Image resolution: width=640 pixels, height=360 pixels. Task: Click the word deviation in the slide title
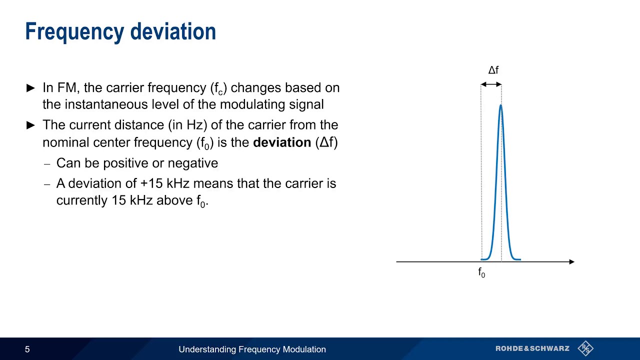[x=173, y=32]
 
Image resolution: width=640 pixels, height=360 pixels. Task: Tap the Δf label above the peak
[x=493, y=70]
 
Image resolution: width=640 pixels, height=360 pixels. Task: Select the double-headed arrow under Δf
[x=491, y=84]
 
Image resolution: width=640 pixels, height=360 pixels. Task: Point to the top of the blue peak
[x=500, y=105]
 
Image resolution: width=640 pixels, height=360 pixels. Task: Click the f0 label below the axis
[x=481, y=272]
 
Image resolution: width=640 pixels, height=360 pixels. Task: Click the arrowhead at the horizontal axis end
[x=571, y=261]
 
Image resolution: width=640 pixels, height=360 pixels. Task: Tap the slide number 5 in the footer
[x=27, y=349]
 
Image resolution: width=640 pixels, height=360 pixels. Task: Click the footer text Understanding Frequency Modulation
[x=252, y=349]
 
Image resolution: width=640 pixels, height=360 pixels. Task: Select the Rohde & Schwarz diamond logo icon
[x=585, y=348]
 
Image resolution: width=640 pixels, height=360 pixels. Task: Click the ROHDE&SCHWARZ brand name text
[x=532, y=348]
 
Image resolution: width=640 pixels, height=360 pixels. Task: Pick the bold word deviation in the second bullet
[x=282, y=142]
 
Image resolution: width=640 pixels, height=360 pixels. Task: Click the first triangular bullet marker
[x=30, y=88]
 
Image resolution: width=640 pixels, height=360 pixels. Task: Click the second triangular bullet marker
[x=30, y=125]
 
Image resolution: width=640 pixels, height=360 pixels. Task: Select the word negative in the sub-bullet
[x=192, y=163]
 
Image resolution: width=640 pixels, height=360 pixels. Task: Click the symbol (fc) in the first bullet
[x=218, y=88]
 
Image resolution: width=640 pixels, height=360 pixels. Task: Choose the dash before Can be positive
[x=47, y=164]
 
